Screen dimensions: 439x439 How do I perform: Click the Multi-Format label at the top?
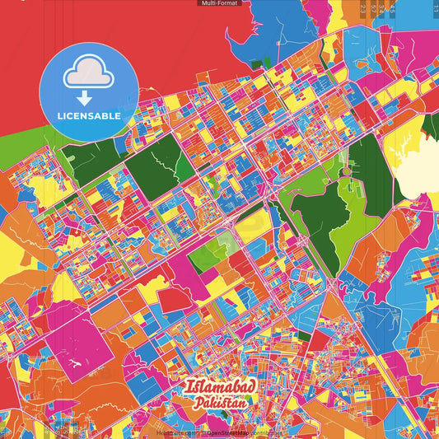[x=219, y=3]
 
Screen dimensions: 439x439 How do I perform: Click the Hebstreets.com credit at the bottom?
[x=175, y=432]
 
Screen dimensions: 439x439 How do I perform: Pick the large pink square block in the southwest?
[x=79, y=342]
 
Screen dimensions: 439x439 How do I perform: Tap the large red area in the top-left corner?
[x=33, y=33]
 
